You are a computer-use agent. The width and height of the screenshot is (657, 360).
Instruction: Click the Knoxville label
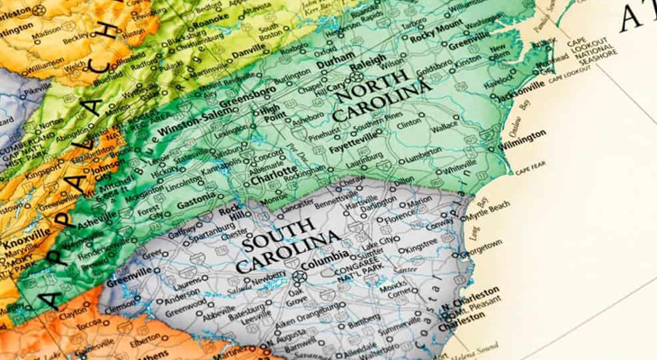click(x=25, y=240)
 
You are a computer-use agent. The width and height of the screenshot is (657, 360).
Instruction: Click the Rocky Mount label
click(x=435, y=37)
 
